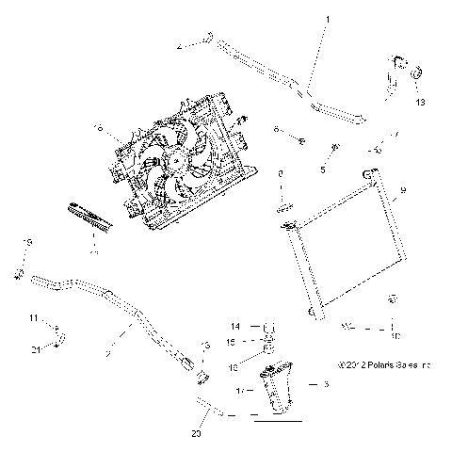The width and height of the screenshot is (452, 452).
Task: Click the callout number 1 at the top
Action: (x=328, y=19)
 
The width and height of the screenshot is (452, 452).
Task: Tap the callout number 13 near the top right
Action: (x=420, y=101)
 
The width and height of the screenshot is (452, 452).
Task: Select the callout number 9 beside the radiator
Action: (x=403, y=191)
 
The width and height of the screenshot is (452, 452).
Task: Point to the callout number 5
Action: (x=322, y=169)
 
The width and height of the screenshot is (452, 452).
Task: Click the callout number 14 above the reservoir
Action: (x=237, y=327)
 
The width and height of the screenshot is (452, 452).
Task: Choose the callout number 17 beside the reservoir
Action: (x=241, y=388)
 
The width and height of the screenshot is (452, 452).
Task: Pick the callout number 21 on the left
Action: (x=35, y=349)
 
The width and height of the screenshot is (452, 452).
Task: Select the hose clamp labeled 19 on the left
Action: (x=18, y=274)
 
